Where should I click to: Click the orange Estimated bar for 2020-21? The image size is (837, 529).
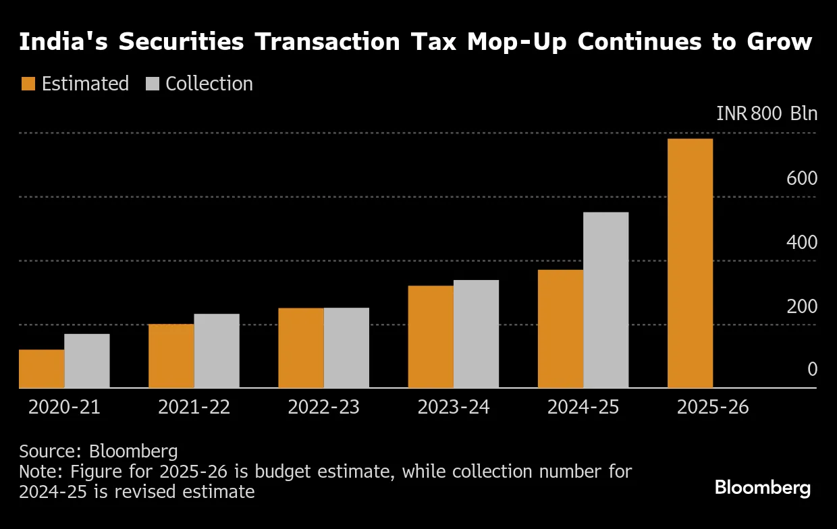click(x=42, y=368)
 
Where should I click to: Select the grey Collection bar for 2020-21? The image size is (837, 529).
click(x=87, y=361)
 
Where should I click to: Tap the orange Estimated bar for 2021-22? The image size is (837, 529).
click(x=171, y=356)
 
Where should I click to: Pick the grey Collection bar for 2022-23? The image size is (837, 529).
click(x=346, y=348)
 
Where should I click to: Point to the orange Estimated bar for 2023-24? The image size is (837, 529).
click(x=431, y=337)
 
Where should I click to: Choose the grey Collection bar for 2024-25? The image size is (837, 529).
click(x=605, y=300)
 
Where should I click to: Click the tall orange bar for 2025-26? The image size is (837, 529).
click(x=690, y=263)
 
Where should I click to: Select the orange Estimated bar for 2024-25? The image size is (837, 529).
click(x=560, y=329)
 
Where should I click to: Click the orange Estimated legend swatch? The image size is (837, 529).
click(x=28, y=84)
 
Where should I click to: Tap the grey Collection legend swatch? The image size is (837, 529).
click(x=152, y=84)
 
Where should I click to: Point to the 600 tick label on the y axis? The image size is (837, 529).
click(x=802, y=179)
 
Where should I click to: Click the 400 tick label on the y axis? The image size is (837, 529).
click(x=802, y=243)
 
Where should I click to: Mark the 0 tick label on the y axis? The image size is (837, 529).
click(x=812, y=370)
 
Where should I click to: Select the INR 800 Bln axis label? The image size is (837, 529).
click(x=767, y=113)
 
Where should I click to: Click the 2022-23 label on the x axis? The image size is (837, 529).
click(x=323, y=408)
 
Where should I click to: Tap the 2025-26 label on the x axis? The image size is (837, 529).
click(x=713, y=408)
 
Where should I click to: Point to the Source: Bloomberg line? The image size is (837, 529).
click(x=99, y=451)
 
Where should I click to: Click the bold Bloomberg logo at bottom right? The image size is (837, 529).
click(x=763, y=488)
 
